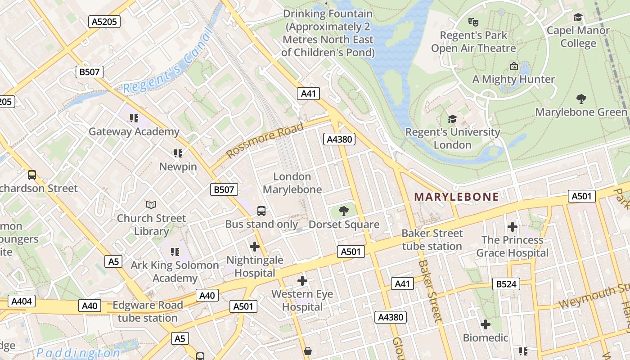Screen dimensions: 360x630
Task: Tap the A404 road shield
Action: [22, 301]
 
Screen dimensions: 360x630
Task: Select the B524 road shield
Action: [506, 284]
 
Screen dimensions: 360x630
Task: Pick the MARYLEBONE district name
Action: [456, 197]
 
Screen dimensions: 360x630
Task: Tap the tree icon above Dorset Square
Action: [344, 210]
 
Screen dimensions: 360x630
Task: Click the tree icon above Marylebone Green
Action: [581, 99]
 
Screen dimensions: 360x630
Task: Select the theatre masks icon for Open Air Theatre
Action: [473, 21]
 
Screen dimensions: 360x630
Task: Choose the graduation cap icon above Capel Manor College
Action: [578, 17]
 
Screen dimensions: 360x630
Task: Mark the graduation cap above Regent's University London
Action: [452, 119]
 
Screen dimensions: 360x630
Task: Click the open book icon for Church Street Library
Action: [151, 205]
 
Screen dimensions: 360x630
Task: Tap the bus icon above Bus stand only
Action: [261, 211]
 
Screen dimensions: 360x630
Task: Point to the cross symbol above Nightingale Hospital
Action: [255, 246]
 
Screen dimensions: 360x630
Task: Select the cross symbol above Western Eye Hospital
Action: [302, 281]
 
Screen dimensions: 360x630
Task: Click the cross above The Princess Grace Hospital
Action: [512, 226]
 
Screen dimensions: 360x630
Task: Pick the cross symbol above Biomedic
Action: [485, 324]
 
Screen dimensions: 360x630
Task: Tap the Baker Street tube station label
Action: [432, 240]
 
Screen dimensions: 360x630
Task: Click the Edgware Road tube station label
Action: [148, 311]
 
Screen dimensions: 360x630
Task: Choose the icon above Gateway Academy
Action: [134, 118]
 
